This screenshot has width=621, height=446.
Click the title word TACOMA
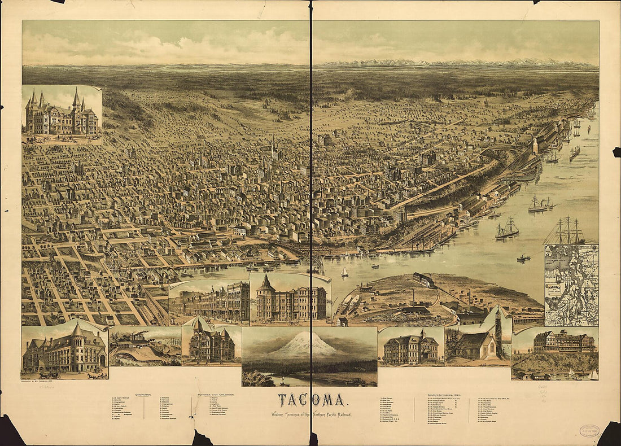[310, 400]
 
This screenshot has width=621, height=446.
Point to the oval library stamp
[589, 431]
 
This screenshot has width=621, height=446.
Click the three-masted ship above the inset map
[566, 231]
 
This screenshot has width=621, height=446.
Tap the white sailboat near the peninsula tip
[344, 272]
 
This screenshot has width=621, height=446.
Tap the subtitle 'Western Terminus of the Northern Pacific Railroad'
[310, 414]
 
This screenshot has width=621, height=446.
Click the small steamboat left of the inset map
[524, 258]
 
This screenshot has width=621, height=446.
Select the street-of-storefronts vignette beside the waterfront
[210, 303]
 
